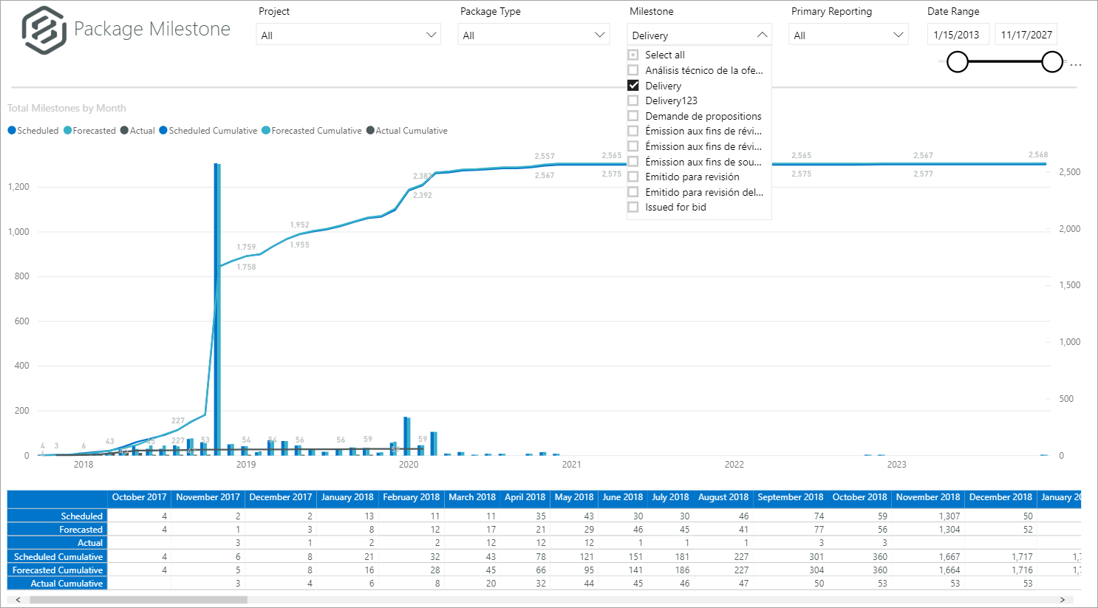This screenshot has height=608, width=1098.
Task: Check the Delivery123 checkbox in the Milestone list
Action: (x=633, y=100)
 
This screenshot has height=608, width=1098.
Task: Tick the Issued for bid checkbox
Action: (x=633, y=207)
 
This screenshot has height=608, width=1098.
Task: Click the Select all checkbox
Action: (x=633, y=55)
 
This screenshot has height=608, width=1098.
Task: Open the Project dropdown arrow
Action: (x=432, y=35)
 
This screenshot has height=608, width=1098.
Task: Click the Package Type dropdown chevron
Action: (x=600, y=35)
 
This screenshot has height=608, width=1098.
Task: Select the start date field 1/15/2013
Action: (x=957, y=35)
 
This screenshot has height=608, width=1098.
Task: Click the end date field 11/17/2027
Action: (x=1026, y=35)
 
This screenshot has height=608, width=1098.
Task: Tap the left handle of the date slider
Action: (x=958, y=62)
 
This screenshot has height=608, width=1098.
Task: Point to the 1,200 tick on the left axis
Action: (x=19, y=187)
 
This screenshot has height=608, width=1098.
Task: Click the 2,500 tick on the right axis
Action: (x=1069, y=172)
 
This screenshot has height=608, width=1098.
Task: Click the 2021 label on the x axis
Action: (x=571, y=465)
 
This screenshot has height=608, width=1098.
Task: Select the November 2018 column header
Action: (x=927, y=497)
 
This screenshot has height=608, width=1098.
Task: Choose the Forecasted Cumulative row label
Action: (x=58, y=570)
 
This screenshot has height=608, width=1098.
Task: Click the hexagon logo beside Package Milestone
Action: (x=44, y=30)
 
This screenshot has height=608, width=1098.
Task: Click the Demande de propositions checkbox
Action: (x=633, y=116)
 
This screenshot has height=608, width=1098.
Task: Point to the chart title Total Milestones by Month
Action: (x=67, y=108)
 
